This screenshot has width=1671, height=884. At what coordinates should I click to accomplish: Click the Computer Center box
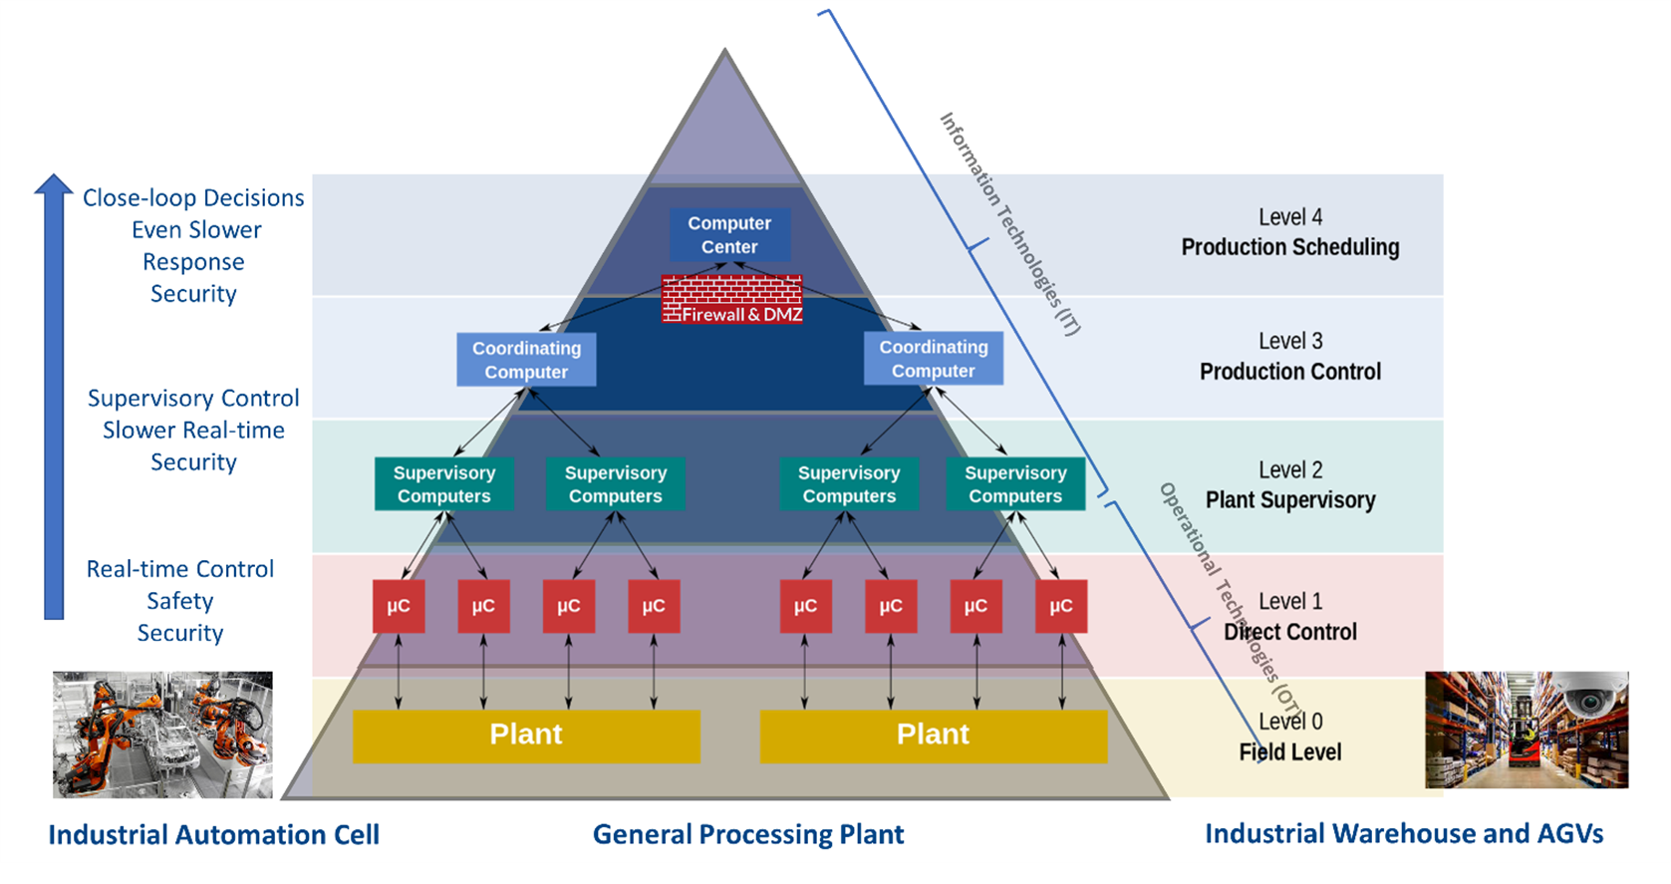[x=729, y=235]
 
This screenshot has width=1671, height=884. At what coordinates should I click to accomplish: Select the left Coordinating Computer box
[x=526, y=360]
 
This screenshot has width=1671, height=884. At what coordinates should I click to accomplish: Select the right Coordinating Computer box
[x=933, y=359]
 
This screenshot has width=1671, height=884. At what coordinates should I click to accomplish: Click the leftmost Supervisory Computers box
[x=443, y=484]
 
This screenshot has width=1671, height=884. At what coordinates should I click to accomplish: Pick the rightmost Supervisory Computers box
[x=1015, y=484]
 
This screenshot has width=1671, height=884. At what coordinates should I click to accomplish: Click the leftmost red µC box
[x=399, y=606]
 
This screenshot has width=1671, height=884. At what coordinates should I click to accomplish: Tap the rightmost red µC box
[x=1061, y=606]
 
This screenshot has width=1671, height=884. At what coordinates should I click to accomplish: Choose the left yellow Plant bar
[x=526, y=736]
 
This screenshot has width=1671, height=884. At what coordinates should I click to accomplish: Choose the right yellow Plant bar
[x=933, y=736]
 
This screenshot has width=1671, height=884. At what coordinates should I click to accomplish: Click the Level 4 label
[x=1290, y=217]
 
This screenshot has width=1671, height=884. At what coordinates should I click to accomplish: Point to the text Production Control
[x=1290, y=372]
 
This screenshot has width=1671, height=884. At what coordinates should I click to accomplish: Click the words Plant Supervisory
[x=1290, y=500]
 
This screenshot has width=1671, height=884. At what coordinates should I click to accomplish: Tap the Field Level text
[x=1290, y=752]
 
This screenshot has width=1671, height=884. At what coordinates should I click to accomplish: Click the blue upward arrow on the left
[x=54, y=399]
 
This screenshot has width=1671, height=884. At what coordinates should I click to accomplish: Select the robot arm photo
[x=162, y=735]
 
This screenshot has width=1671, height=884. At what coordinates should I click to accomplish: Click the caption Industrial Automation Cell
[x=214, y=835]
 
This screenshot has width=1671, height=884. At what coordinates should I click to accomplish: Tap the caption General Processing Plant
[x=748, y=835]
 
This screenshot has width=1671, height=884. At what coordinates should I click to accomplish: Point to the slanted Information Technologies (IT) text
[x=1009, y=223]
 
